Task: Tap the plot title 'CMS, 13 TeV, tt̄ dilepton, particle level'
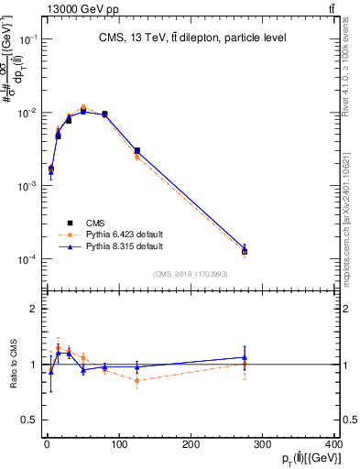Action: (x=191, y=38)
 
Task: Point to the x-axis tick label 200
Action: (x=191, y=445)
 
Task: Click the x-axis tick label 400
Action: (x=334, y=445)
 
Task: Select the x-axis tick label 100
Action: (x=118, y=445)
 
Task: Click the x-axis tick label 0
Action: (x=47, y=445)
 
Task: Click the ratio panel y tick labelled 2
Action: (x=32, y=309)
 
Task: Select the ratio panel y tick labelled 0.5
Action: (x=28, y=420)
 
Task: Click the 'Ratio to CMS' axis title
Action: (x=12, y=365)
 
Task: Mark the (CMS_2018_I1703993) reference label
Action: (x=191, y=274)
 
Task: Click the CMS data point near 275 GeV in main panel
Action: (x=245, y=250)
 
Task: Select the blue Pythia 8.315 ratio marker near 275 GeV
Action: (x=245, y=357)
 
